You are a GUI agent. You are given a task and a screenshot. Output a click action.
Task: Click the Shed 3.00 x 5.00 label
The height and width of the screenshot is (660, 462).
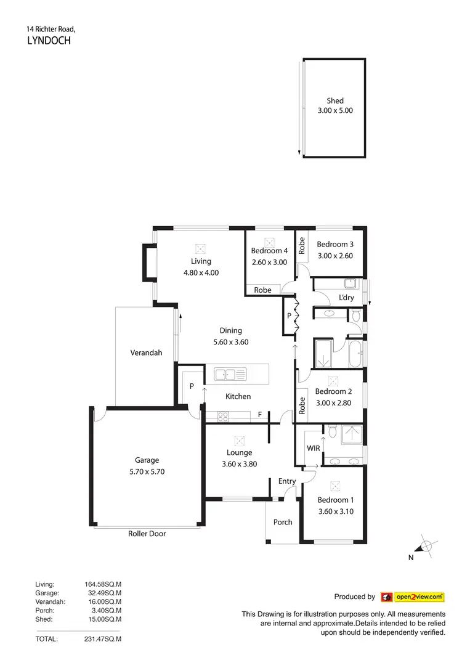coord(335,105)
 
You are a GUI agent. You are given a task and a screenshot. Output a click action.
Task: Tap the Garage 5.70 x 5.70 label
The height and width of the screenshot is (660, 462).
coord(147,465)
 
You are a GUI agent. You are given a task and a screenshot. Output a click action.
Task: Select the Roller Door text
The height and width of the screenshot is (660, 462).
coord(147,534)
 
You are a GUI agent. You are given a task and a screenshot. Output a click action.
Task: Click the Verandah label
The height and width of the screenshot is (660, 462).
coord(146,353)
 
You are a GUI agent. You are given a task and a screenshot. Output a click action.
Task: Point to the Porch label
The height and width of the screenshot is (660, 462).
coord(283,522)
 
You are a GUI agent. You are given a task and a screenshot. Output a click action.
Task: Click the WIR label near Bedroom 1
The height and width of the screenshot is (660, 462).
coord(313,448)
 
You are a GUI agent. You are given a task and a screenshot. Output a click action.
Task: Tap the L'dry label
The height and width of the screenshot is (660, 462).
coord(346,298)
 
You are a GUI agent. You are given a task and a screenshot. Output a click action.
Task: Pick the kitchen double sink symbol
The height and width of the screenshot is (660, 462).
coord(230,373)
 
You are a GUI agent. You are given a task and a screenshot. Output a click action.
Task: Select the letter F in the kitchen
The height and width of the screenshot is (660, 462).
coord(261,415)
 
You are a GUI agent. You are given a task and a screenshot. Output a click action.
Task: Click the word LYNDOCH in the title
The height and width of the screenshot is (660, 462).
coord(50,41)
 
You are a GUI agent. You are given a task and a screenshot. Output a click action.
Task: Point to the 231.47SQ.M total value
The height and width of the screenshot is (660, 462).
coord(103,640)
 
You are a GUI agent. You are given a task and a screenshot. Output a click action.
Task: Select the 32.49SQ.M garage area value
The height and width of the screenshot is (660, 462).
coord(103,593)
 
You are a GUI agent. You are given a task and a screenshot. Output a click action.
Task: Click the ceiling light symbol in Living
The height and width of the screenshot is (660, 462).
coord(200,249)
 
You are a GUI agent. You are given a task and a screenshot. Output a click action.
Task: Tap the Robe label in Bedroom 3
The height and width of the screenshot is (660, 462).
coord(302,246)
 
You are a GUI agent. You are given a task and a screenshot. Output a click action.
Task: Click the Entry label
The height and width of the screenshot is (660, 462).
coord(287,481)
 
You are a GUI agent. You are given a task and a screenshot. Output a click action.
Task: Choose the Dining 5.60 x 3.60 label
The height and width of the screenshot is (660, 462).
coord(231,336)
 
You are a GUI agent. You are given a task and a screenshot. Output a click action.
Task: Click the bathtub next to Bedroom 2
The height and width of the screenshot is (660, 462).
coord(355,354)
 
